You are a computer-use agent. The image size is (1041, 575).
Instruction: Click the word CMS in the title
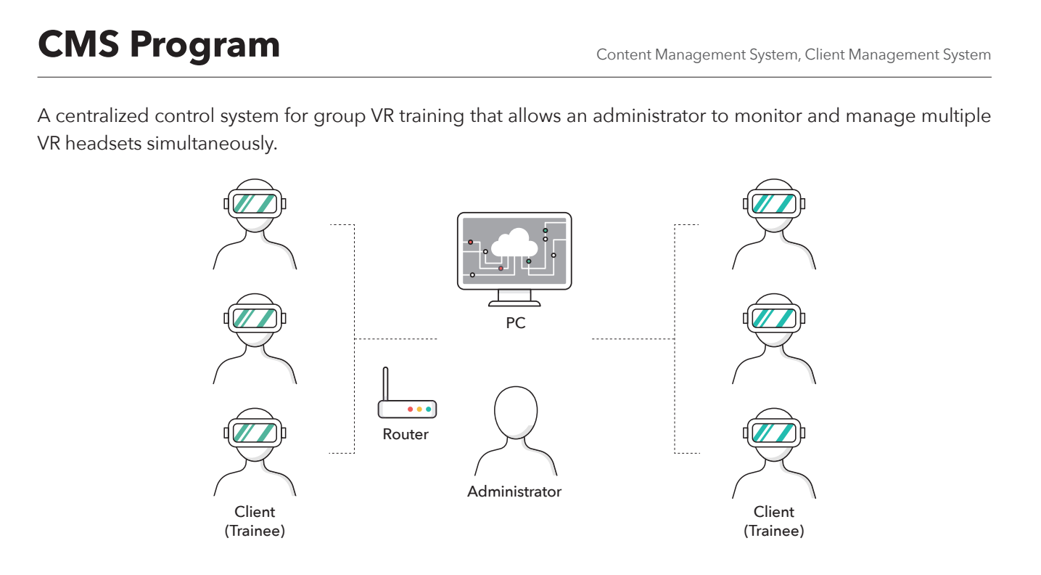pyautogui.click(x=78, y=44)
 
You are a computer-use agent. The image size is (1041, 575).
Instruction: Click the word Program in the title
pyautogui.click(x=204, y=46)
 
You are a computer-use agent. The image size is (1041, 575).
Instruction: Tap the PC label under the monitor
pyautogui.click(x=515, y=323)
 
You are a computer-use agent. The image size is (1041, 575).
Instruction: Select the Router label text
pyautogui.click(x=406, y=434)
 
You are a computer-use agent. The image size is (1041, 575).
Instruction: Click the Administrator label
pyautogui.click(x=514, y=492)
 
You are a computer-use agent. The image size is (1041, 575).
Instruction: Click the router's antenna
pyautogui.click(x=387, y=383)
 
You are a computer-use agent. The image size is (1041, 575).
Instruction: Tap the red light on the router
pyautogui.click(x=410, y=409)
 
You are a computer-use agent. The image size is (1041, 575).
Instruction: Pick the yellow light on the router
pyautogui.click(x=419, y=409)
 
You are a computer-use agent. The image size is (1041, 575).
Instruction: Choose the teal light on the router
pyautogui.click(x=429, y=409)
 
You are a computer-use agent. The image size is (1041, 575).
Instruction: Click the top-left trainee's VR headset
pyautogui.click(x=255, y=203)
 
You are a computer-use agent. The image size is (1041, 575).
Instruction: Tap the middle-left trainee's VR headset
pyautogui.click(x=255, y=317)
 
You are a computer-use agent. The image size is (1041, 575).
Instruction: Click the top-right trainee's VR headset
pyautogui.click(x=774, y=203)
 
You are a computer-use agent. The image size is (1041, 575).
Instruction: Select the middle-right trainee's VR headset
pyautogui.click(x=774, y=317)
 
